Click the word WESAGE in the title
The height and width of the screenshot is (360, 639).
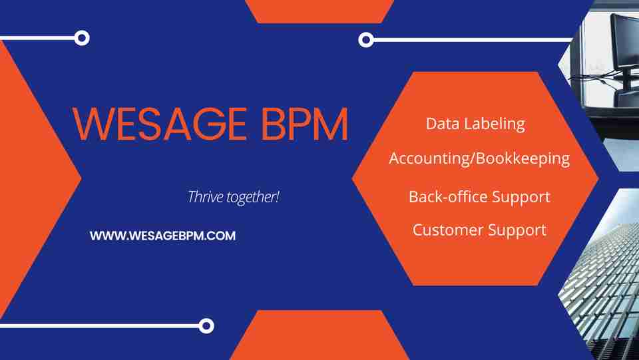pos(159,124)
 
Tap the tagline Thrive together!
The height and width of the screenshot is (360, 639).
pos(234,197)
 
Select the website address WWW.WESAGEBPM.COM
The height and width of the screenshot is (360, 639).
pos(162,236)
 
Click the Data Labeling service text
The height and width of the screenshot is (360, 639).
pos(475,124)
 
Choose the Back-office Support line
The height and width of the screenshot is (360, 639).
pos(479,197)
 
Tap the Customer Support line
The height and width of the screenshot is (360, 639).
pos(479,230)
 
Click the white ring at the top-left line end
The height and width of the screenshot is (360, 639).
pos(82,38)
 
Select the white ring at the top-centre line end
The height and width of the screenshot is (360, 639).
pos(365,40)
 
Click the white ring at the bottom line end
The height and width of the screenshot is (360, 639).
pos(207,325)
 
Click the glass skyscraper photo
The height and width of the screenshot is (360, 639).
pos(602,279)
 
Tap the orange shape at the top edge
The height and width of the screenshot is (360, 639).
pos(319,10)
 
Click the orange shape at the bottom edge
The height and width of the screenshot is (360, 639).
pos(319,336)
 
